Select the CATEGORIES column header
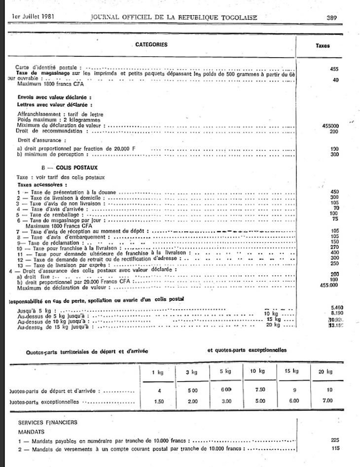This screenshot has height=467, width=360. pos(151,44)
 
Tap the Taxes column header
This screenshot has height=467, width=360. pos(323,45)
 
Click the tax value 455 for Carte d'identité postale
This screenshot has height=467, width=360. pos(334,70)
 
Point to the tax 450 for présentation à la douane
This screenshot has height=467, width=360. pos(335,191)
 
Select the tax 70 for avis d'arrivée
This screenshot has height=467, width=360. pos(336,209)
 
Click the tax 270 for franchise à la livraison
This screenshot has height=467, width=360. pos(335,248)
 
